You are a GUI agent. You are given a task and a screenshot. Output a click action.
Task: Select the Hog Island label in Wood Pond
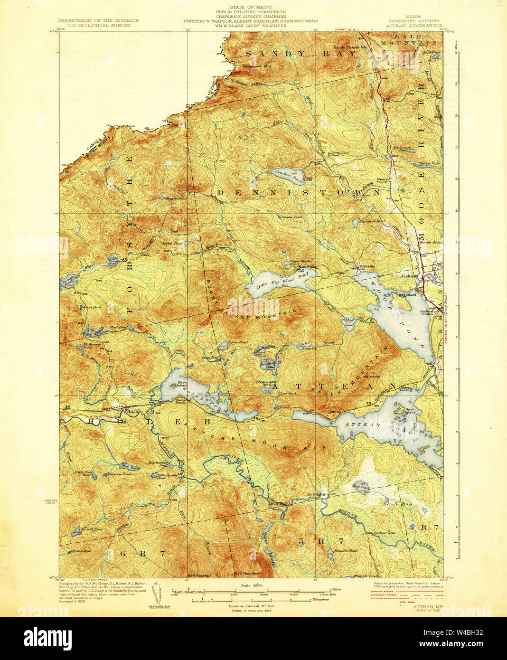click(x=408, y=295)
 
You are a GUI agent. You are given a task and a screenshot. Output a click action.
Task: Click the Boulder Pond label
click(x=347, y=551)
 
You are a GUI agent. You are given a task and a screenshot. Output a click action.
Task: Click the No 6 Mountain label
click(x=199, y=575)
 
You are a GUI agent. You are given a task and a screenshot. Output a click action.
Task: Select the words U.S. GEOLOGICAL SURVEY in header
click(x=98, y=26)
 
